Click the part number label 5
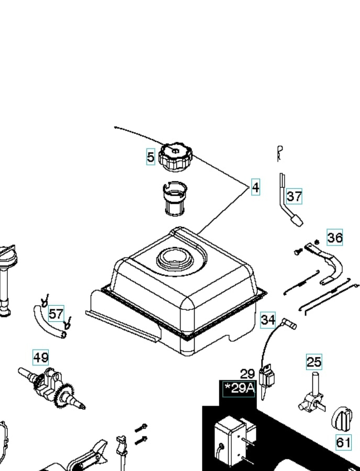click(x=151, y=156)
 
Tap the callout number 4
click(x=255, y=187)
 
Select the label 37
click(x=294, y=196)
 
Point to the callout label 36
click(x=335, y=238)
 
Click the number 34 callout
click(x=268, y=319)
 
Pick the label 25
click(x=314, y=362)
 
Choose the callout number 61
click(x=343, y=442)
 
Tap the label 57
click(x=56, y=314)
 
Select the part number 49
click(x=41, y=357)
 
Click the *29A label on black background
click(x=239, y=388)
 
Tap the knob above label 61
click(x=343, y=417)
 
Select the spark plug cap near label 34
click(x=289, y=324)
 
